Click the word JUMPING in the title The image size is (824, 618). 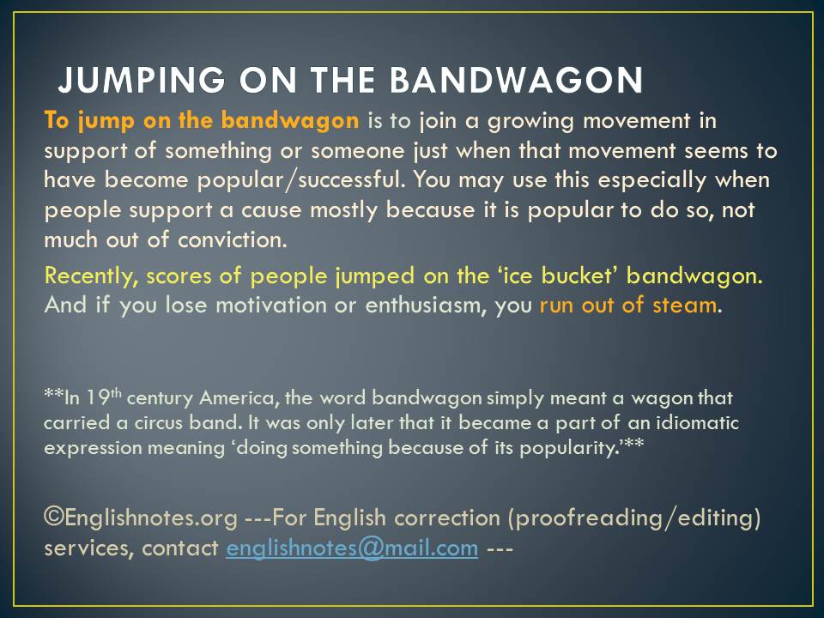[142, 80]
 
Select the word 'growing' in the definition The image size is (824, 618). [531, 122]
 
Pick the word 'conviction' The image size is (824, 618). [233, 240]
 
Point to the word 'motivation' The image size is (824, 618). [271, 306]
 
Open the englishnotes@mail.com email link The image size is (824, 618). [352, 548]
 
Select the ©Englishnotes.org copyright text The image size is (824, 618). [141, 518]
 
